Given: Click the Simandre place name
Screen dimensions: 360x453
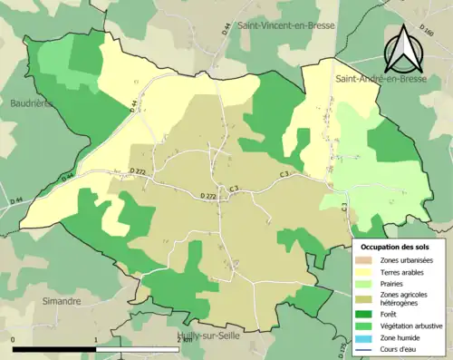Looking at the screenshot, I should pos(62,300).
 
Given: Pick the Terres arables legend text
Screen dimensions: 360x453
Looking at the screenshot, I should pos(402,271).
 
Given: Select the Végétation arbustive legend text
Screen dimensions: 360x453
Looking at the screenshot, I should pos(412,324).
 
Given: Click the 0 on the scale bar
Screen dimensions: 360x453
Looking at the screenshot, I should pos(14,339).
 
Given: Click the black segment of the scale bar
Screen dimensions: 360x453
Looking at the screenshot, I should pos(55,349).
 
